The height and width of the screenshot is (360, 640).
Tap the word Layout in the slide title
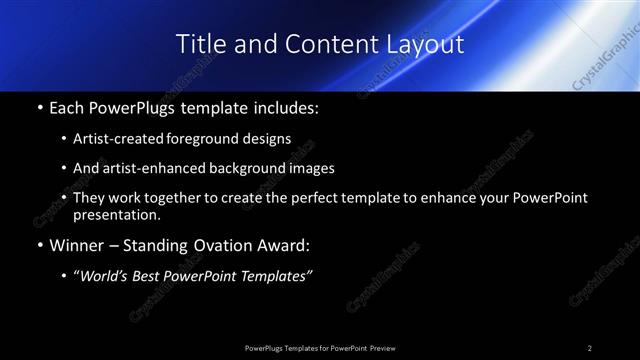click(x=428, y=44)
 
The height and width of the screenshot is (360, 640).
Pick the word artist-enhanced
click(x=157, y=169)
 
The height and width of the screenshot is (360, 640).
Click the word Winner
click(x=75, y=246)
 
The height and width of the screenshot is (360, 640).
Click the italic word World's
click(x=104, y=277)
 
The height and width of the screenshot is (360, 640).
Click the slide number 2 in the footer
click(x=590, y=347)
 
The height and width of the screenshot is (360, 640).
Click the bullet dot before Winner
click(x=39, y=247)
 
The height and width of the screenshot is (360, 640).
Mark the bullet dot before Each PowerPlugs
click(x=39, y=108)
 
